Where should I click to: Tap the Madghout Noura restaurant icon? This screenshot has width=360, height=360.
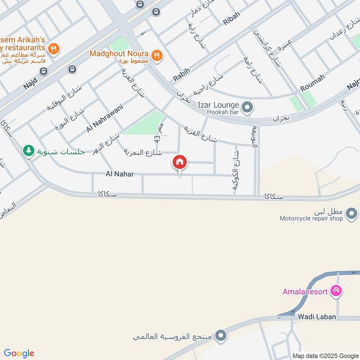coord(157,55)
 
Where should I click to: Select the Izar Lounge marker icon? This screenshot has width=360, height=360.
coord(247,108)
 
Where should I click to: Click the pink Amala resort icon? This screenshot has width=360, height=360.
coord(335,291)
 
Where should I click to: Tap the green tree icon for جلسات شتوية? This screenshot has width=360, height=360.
coord(29,151)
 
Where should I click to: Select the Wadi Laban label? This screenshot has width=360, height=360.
coord(317,317)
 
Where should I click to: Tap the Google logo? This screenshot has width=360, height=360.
coord(19,353)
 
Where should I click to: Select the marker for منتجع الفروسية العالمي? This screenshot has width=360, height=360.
coord(220,335)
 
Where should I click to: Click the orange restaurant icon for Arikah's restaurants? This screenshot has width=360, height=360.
coord(54,49)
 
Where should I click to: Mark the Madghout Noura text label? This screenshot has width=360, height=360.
coord(119,53)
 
